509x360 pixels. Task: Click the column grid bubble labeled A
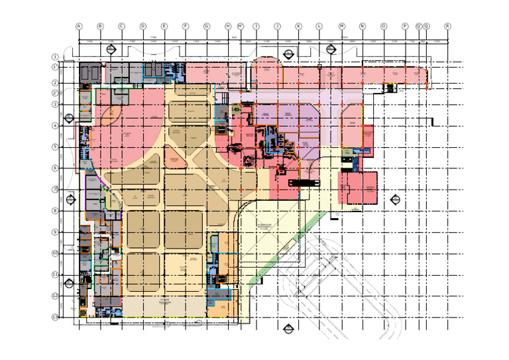79,26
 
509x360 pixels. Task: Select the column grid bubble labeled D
142,26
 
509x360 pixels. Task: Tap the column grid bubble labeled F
185,26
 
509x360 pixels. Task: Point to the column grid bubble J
277,26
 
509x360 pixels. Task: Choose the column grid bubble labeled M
342,26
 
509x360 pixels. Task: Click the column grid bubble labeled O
384,26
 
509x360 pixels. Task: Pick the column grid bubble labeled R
447,26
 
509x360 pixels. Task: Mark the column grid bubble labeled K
298,26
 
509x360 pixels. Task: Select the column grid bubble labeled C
121,26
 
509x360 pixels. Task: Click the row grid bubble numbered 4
56,125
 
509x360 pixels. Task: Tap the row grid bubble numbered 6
56,168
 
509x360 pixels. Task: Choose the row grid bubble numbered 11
56,274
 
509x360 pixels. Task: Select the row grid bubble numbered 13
56,317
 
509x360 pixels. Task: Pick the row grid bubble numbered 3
56,104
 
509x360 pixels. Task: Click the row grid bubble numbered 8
56,210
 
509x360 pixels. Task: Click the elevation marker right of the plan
396,198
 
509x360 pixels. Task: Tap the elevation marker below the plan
288,329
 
